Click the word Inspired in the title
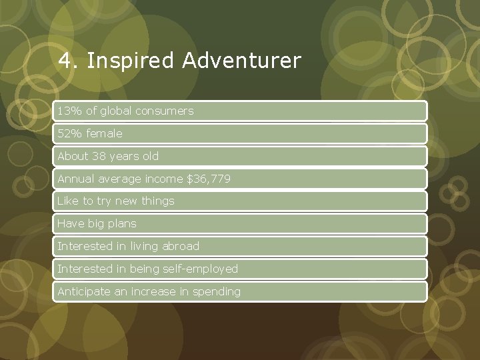tap(122, 61)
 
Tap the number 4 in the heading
tap(65, 61)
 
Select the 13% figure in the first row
tap(68, 111)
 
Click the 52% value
tap(68, 133)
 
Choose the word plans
tap(121, 223)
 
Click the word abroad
tap(182, 246)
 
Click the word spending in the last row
tap(217, 291)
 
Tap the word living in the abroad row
tap(146, 246)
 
